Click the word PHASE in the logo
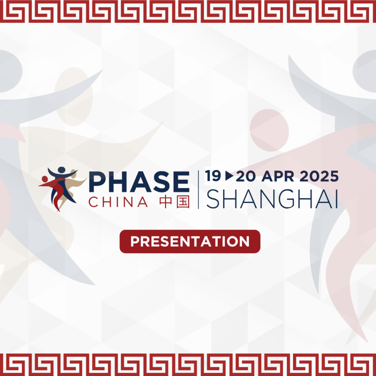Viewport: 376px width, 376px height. [139, 183]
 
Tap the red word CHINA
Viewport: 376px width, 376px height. [118, 202]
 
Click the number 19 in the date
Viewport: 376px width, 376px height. [213, 176]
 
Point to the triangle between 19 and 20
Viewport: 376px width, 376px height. [229, 176]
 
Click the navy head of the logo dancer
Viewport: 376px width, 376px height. [62, 170]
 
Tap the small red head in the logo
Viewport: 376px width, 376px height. [45, 179]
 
